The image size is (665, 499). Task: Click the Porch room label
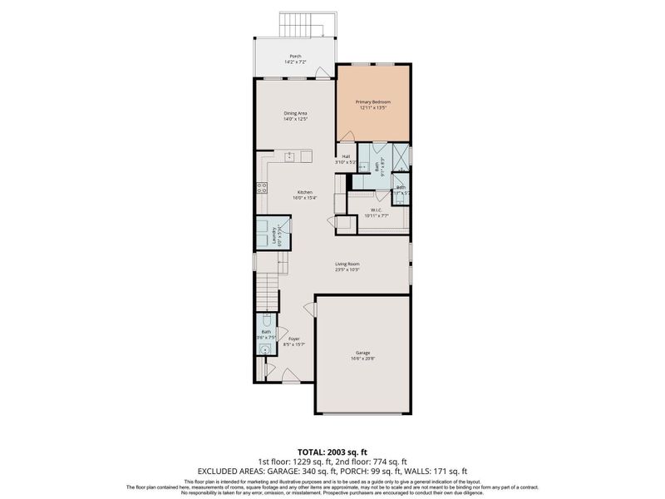(x=296, y=58)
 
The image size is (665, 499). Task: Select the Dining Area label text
(x=296, y=116)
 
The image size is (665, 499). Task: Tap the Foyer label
(x=294, y=341)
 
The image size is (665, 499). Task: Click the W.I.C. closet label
(x=376, y=213)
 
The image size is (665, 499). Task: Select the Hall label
(x=345, y=159)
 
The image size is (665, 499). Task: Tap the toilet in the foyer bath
(x=264, y=321)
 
